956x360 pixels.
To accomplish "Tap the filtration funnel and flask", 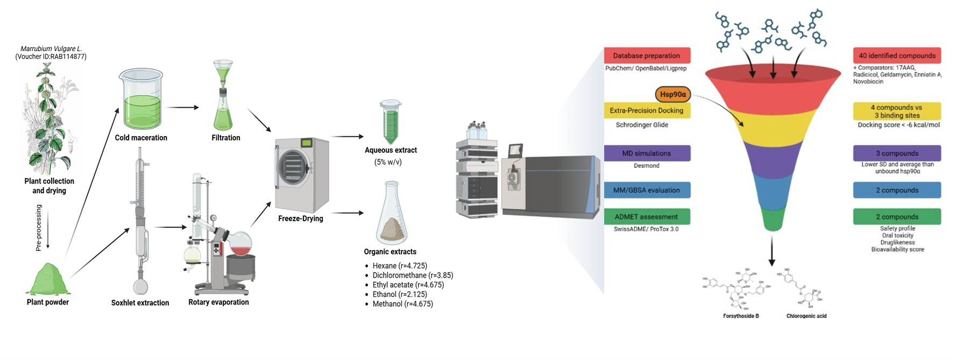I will tap(223, 97).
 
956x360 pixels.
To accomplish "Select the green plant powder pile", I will tap(48, 280).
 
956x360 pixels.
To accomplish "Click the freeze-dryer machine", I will tap(301, 175).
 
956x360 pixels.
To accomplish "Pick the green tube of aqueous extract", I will tap(391, 122).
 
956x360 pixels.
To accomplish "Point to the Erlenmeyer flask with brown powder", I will tap(391, 215).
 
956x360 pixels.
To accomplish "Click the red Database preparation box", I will tap(647, 55).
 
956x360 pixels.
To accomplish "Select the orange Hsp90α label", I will tap(672, 94).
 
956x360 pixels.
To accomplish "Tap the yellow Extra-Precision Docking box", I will tap(647, 110).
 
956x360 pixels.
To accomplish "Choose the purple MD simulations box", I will tap(647, 153).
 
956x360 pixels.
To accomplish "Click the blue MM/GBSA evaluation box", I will tap(647, 190).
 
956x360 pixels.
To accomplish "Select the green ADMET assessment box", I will tap(647, 217).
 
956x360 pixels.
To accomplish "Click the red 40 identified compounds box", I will tap(896, 55).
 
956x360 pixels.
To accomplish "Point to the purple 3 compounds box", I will tap(896, 153).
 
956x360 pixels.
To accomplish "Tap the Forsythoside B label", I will tap(741, 316).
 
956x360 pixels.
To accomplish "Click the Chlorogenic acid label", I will tap(806, 316).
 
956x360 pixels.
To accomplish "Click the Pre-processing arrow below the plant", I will tap(48, 229).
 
